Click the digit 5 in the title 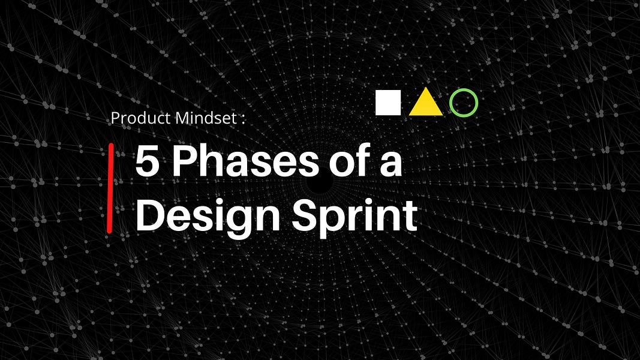146,161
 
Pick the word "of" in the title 339,161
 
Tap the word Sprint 354,217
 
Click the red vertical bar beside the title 110,188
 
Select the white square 388,103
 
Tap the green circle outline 464,103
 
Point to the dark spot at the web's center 321,184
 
